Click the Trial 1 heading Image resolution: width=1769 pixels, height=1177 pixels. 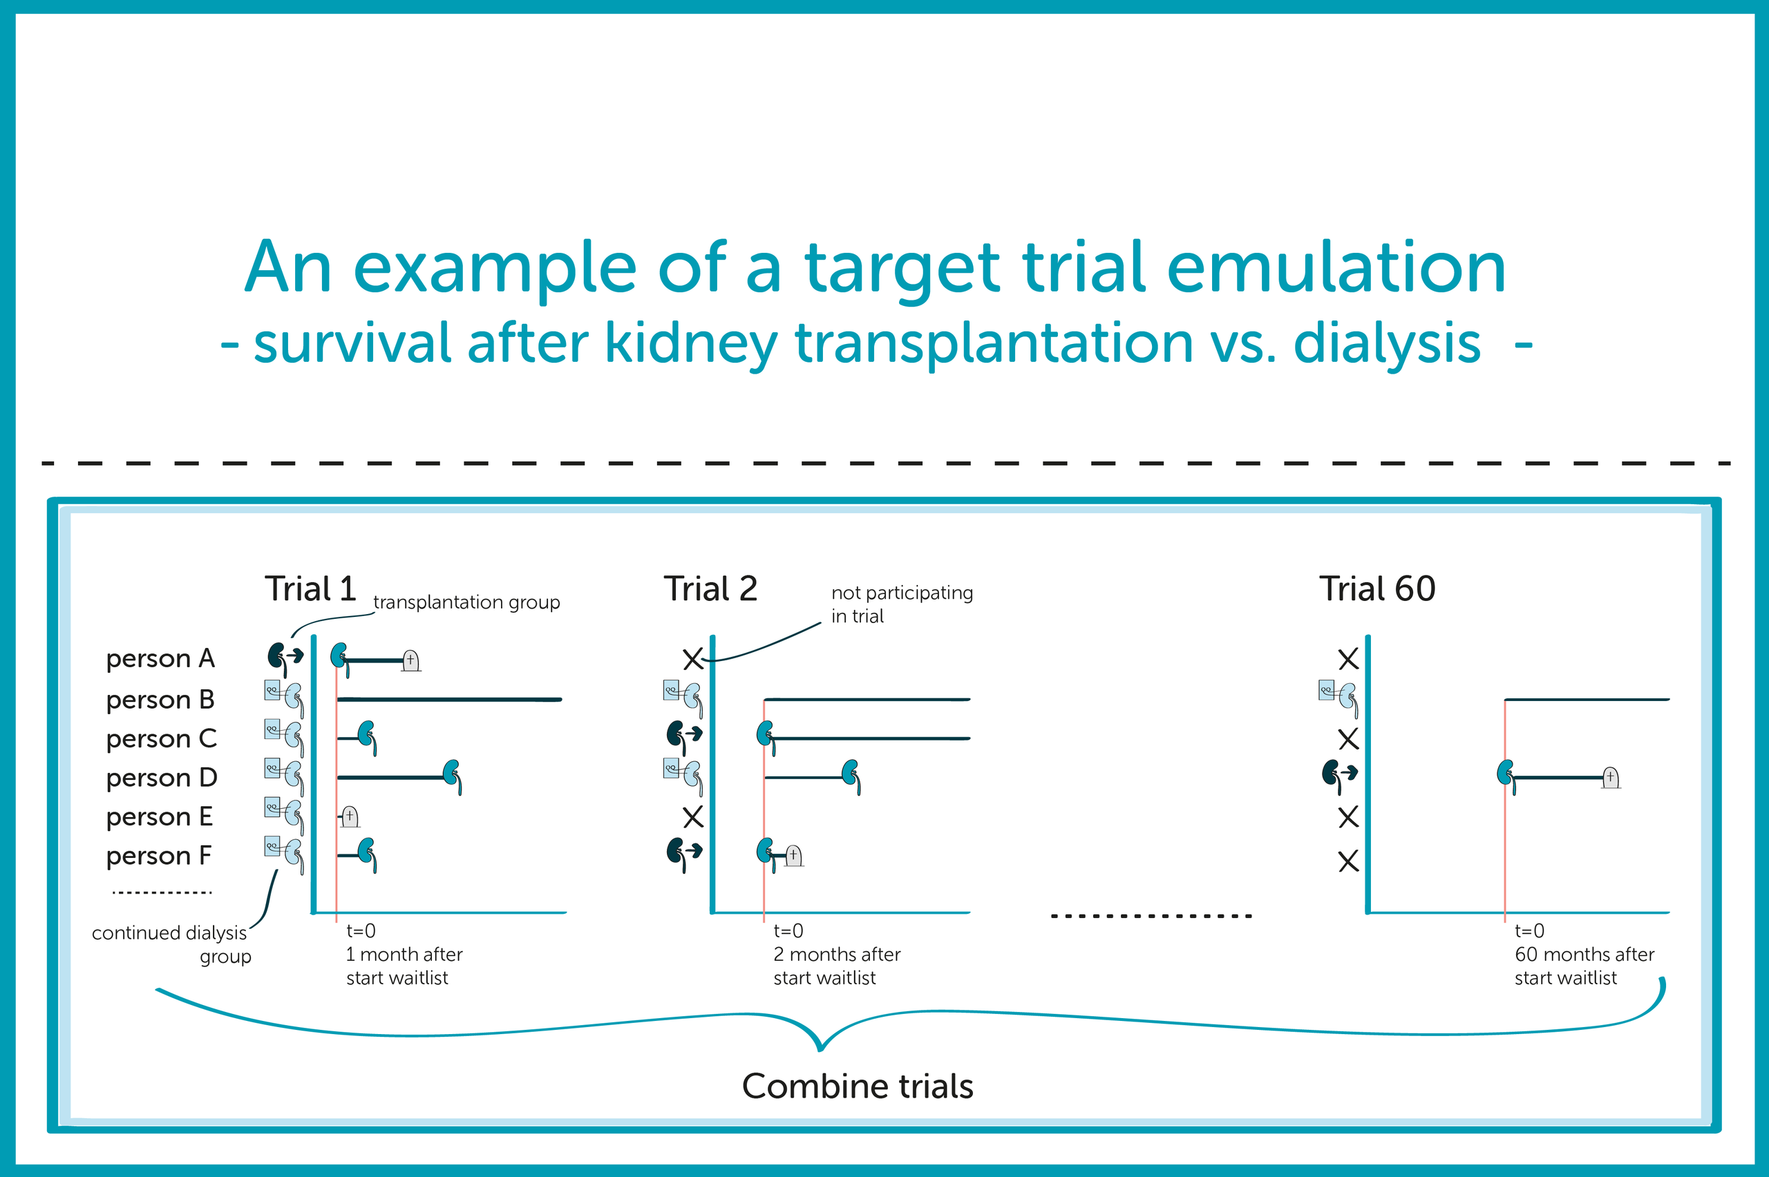tap(310, 588)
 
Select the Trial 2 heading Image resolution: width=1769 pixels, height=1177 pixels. tap(710, 588)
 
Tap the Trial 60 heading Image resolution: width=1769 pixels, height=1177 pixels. tap(1377, 588)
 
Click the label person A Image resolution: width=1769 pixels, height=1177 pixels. tap(161, 658)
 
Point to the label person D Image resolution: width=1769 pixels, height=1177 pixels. tap(162, 778)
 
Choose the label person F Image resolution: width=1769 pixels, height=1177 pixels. tap(159, 856)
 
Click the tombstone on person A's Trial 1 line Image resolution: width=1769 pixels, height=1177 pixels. tap(410, 660)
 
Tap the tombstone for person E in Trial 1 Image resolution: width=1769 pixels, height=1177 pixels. tap(350, 816)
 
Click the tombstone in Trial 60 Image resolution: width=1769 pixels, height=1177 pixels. tap(1611, 778)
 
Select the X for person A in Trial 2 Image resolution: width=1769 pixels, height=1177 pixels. tap(693, 659)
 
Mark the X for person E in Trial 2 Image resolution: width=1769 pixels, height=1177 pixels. tap(693, 816)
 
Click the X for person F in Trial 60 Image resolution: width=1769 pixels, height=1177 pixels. tap(1349, 861)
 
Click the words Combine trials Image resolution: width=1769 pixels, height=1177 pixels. tap(858, 1087)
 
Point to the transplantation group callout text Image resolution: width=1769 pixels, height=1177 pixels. tap(466, 603)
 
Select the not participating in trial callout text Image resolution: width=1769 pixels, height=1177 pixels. tap(902, 604)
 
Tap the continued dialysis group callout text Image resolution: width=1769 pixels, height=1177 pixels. tap(172, 944)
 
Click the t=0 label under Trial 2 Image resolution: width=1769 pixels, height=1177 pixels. tap(788, 931)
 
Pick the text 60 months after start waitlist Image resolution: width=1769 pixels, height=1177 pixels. tap(1584, 966)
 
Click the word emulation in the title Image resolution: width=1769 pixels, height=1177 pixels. tap(1336, 267)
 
